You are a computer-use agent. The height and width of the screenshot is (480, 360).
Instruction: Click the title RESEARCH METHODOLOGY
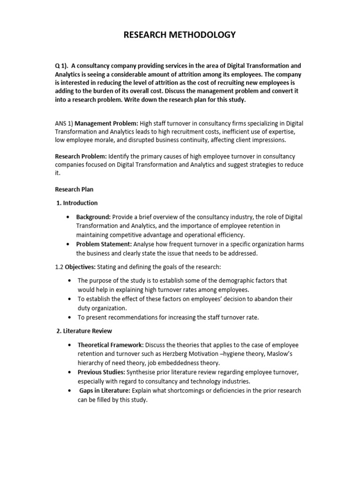pyautogui.click(x=180, y=35)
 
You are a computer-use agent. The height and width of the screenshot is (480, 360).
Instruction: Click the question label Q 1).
pyautogui.click(x=62, y=66)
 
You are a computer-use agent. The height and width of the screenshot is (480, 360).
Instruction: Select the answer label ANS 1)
pyautogui.click(x=64, y=123)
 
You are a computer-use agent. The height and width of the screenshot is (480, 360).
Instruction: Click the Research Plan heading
pyautogui.click(x=74, y=189)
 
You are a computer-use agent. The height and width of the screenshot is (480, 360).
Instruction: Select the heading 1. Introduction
pyautogui.click(x=77, y=203)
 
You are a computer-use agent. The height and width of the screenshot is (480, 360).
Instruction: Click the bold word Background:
pyautogui.click(x=94, y=217)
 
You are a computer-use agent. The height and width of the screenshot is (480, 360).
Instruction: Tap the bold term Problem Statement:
pyautogui.click(x=104, y=244)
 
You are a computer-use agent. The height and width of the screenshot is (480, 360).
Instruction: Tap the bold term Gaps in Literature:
pyautogui.click(x=105, y=390)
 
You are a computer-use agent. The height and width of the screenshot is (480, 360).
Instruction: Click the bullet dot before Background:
pyautogui.click(x=69, y=217)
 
